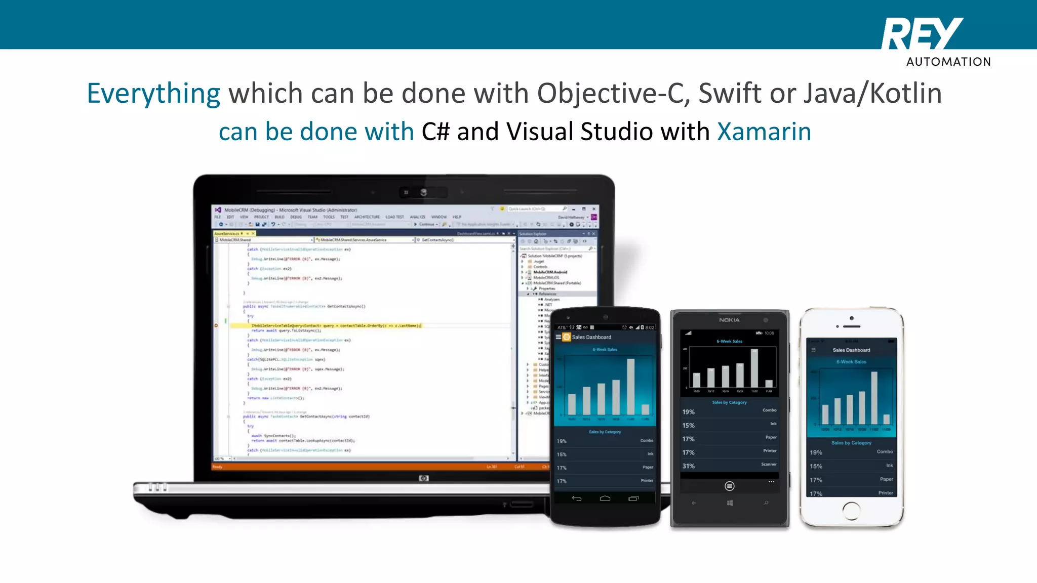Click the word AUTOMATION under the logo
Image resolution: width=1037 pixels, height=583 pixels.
[948, 62]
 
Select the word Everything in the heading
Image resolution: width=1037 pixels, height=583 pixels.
[153, 94]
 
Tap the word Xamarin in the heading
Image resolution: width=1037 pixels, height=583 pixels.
[764, 132]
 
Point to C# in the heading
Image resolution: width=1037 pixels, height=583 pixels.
[435, 132]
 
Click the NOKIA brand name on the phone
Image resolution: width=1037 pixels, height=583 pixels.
[729, 320]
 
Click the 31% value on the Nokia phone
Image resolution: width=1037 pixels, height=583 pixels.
[688, 466]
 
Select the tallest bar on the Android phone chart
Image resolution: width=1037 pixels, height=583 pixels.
[631, 387]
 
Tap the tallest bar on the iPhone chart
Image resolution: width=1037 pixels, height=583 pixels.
[874, 398]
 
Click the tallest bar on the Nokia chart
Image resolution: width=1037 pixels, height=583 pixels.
[754, 368]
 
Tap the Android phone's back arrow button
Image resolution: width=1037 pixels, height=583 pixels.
[576, 498]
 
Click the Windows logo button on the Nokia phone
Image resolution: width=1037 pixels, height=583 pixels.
[730, 503]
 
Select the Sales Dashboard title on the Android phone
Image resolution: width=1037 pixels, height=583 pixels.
[591, 337]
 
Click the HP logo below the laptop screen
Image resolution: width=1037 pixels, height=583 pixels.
[424, 478]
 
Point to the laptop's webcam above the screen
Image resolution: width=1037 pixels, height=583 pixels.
[423, 192]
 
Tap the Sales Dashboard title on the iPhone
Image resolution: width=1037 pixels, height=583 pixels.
[851, 350]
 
